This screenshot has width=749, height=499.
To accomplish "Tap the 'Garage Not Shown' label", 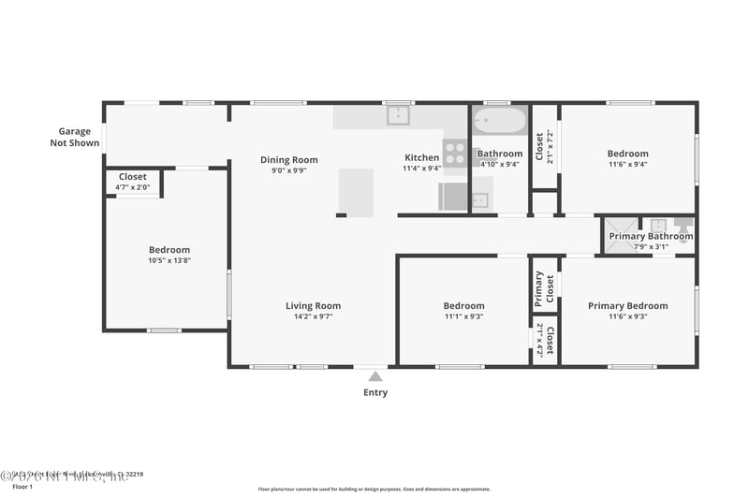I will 75,138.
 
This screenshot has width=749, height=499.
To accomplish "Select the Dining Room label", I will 288,160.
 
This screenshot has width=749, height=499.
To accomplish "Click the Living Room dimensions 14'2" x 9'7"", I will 313,316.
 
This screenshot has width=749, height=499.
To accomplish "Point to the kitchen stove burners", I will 454,152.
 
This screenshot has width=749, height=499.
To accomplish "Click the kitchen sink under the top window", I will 399,116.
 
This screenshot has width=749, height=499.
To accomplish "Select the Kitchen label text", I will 421,157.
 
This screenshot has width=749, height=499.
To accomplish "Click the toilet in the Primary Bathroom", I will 683,226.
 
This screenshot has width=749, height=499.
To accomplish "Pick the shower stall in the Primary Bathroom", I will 618,229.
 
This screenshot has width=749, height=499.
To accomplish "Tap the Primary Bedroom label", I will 627,306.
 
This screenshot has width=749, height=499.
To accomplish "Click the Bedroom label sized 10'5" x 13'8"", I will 169,250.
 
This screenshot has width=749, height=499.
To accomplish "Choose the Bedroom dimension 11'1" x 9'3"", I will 463,316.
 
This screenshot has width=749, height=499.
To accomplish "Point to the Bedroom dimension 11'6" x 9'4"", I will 627,165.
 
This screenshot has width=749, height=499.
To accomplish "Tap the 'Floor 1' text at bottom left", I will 22,487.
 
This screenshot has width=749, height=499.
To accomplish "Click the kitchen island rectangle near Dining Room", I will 356,192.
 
